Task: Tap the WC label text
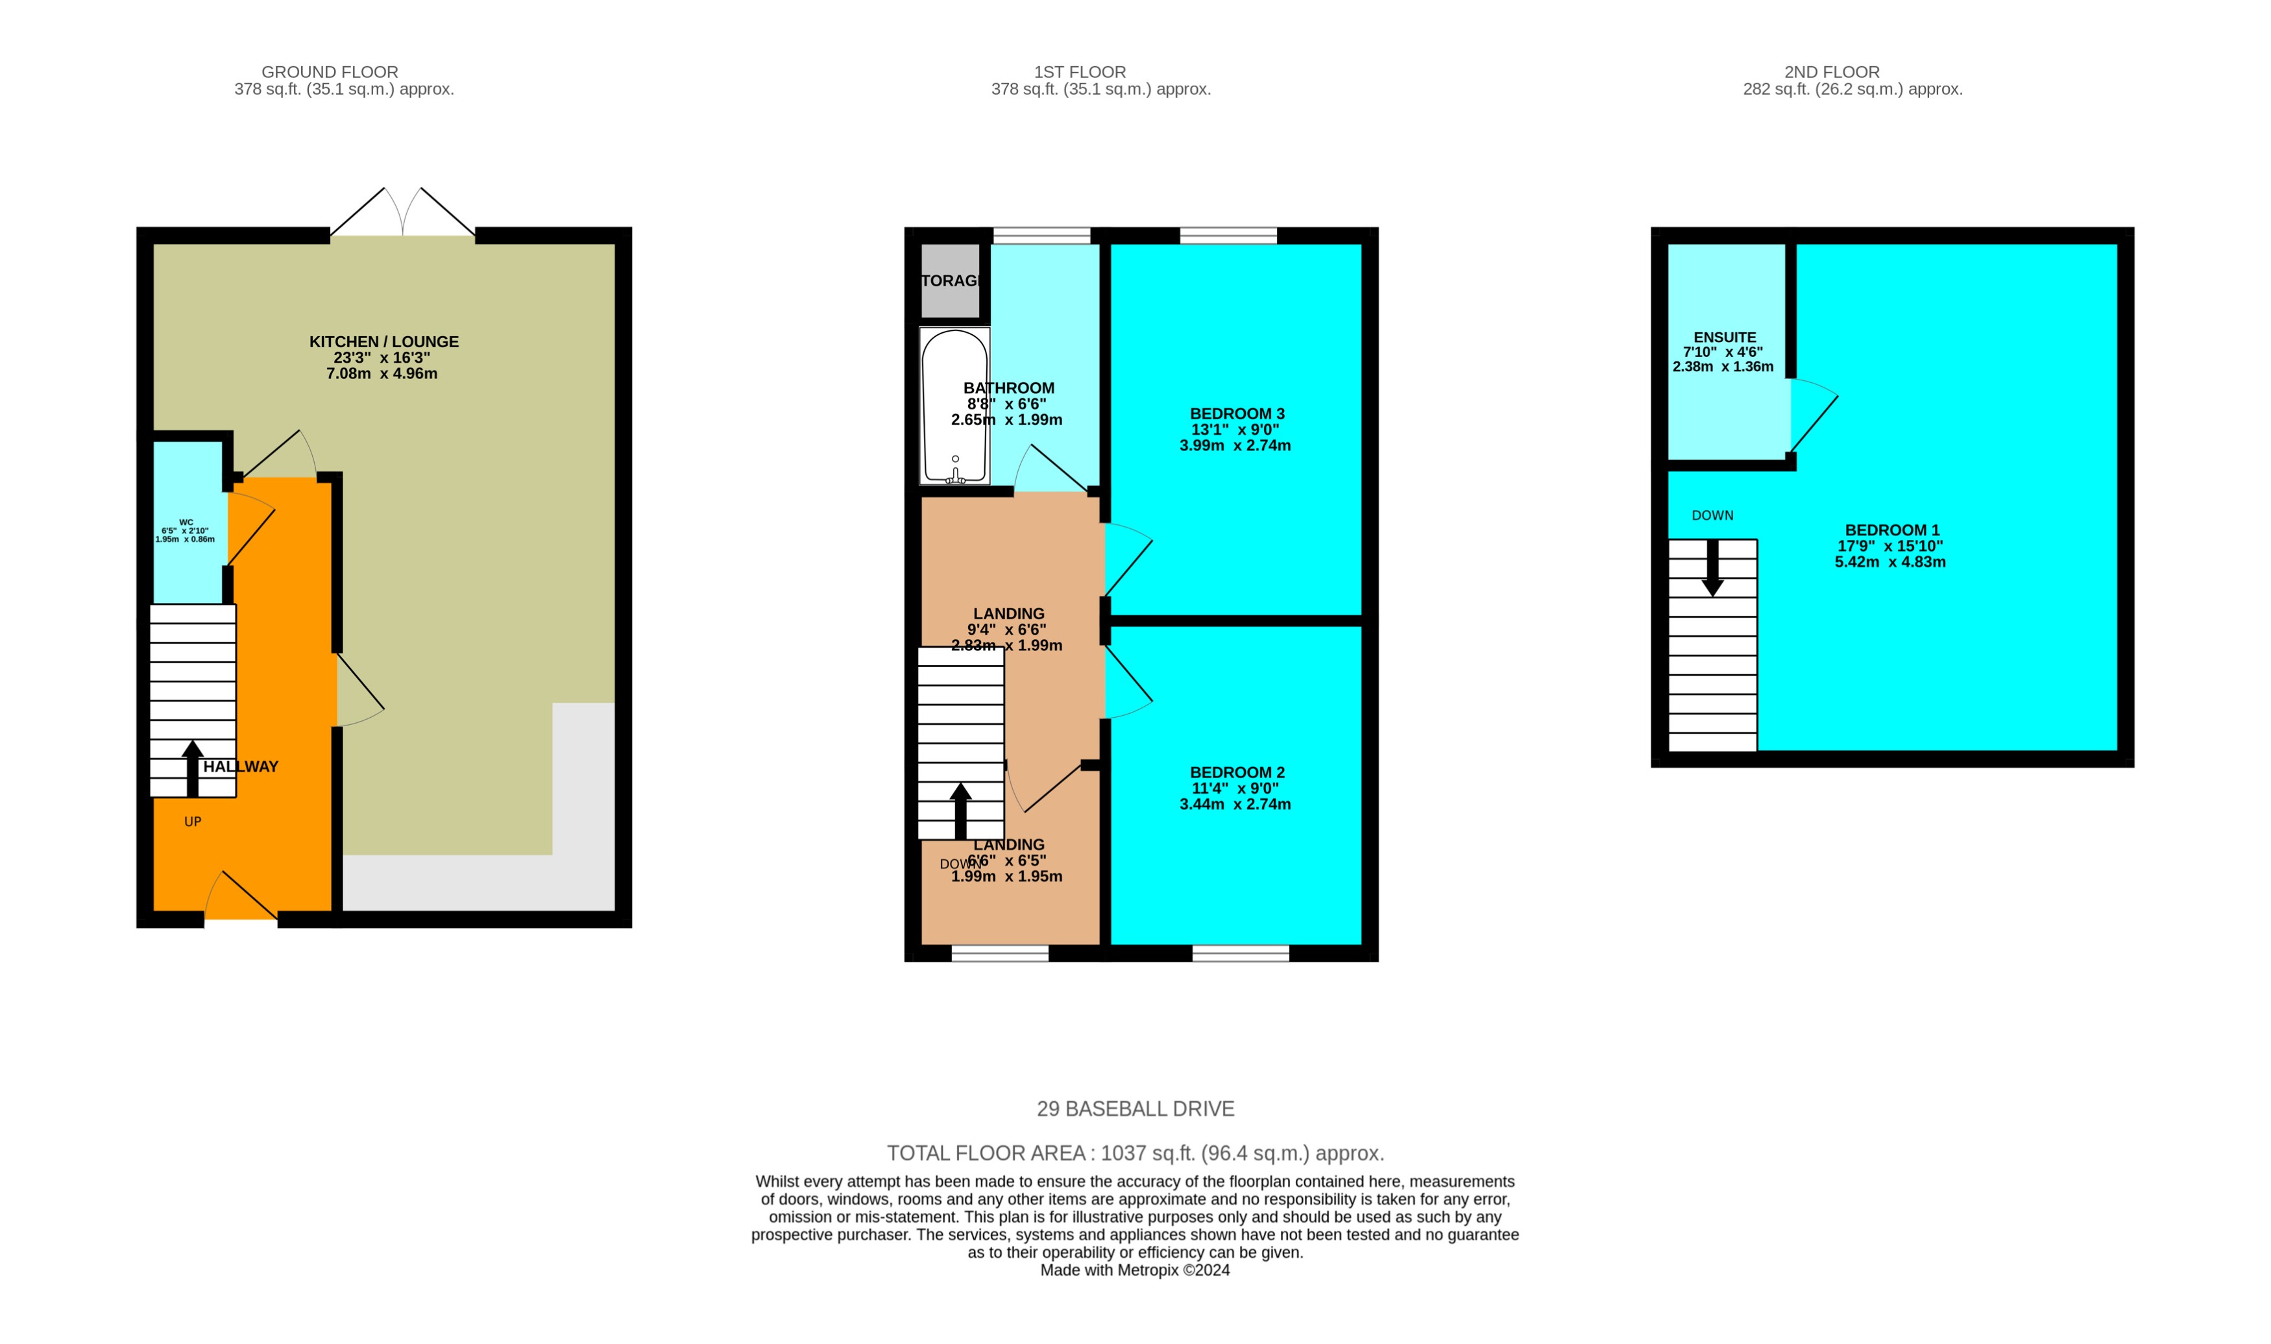point(186,522)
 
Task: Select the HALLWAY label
point(240,766)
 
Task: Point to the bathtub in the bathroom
point(954,405)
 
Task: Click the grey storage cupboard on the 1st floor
point(950,281)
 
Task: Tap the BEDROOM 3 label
point(1236,414)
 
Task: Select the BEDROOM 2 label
point(1236,772)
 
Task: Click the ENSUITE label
point(1724,337)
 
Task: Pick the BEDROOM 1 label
point(1891,530)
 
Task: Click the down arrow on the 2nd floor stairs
point(1712,568)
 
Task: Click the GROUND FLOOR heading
point(330,71)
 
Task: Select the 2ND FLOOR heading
point(1831,71)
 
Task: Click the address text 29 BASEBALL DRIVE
point(1135,1108)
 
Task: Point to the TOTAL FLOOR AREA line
point(1135,1153)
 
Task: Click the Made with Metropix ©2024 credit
point(1135,1270)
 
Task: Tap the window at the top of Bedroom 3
point(1228,236)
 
